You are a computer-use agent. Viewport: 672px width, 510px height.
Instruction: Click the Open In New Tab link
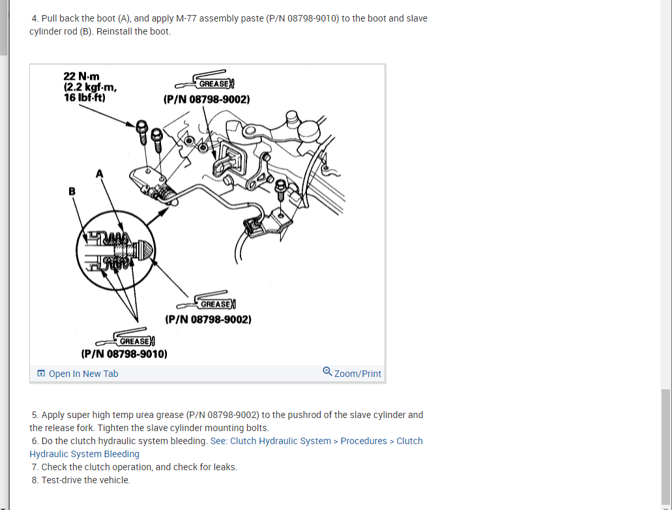coord(78,374)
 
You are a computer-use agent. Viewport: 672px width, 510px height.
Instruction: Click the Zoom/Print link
coord(352,373)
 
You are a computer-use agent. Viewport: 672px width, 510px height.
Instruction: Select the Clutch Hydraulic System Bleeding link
coord(226,447)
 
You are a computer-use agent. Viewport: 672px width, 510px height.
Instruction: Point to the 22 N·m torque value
coord(81,76)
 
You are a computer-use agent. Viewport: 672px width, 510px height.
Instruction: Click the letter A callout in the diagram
coord(100,173)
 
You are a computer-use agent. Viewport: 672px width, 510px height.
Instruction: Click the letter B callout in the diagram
coord(72,191)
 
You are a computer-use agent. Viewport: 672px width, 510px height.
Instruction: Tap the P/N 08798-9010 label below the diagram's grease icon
coord(124,354)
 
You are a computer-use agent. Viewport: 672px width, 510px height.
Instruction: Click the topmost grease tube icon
coord(205,80)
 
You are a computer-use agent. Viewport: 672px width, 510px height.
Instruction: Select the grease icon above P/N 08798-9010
coord(125,337)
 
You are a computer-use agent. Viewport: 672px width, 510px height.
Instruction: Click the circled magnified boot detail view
coord(116,250)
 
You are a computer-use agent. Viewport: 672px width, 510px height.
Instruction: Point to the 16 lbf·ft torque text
coord(85,98)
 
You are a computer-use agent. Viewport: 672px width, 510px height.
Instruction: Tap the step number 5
coord(35,415)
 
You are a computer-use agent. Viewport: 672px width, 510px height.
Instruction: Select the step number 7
coord(35,467)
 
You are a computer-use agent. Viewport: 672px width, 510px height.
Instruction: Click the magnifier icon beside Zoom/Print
coord(327,372)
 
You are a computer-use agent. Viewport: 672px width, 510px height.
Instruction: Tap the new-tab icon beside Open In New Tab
coord(41,373)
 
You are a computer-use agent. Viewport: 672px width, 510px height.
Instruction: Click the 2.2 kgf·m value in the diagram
coord(90,87)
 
